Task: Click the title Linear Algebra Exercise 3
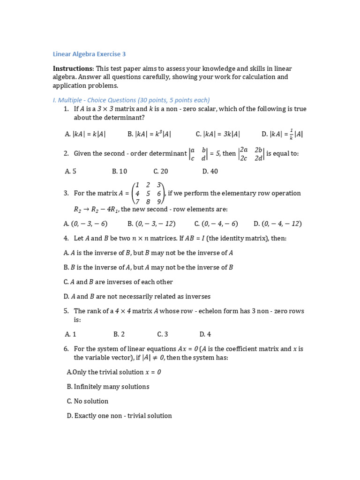click(x=89, y=54)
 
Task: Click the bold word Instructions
click(x=73, y=69)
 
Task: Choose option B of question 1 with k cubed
click(x=149, y=134)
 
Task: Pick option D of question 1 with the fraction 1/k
click(x=282, y=134)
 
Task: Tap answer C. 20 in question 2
click(x=160, y=172)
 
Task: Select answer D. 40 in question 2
click(x=210, y=172)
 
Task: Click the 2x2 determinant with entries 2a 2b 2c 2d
click(x=251, y=154)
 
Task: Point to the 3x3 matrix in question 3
click(x=149, y=193)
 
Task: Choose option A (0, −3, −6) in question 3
click(x=86, y=224)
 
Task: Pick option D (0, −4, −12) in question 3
click(x=277, y=224)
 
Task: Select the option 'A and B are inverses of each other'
click(x=118, y=282)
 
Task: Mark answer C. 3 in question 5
click(x=163, y=334)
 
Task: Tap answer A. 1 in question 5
click(x=70, y=334)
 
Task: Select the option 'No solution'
click(x=88, y=401)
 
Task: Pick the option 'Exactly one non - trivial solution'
click(x=119, y=416)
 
